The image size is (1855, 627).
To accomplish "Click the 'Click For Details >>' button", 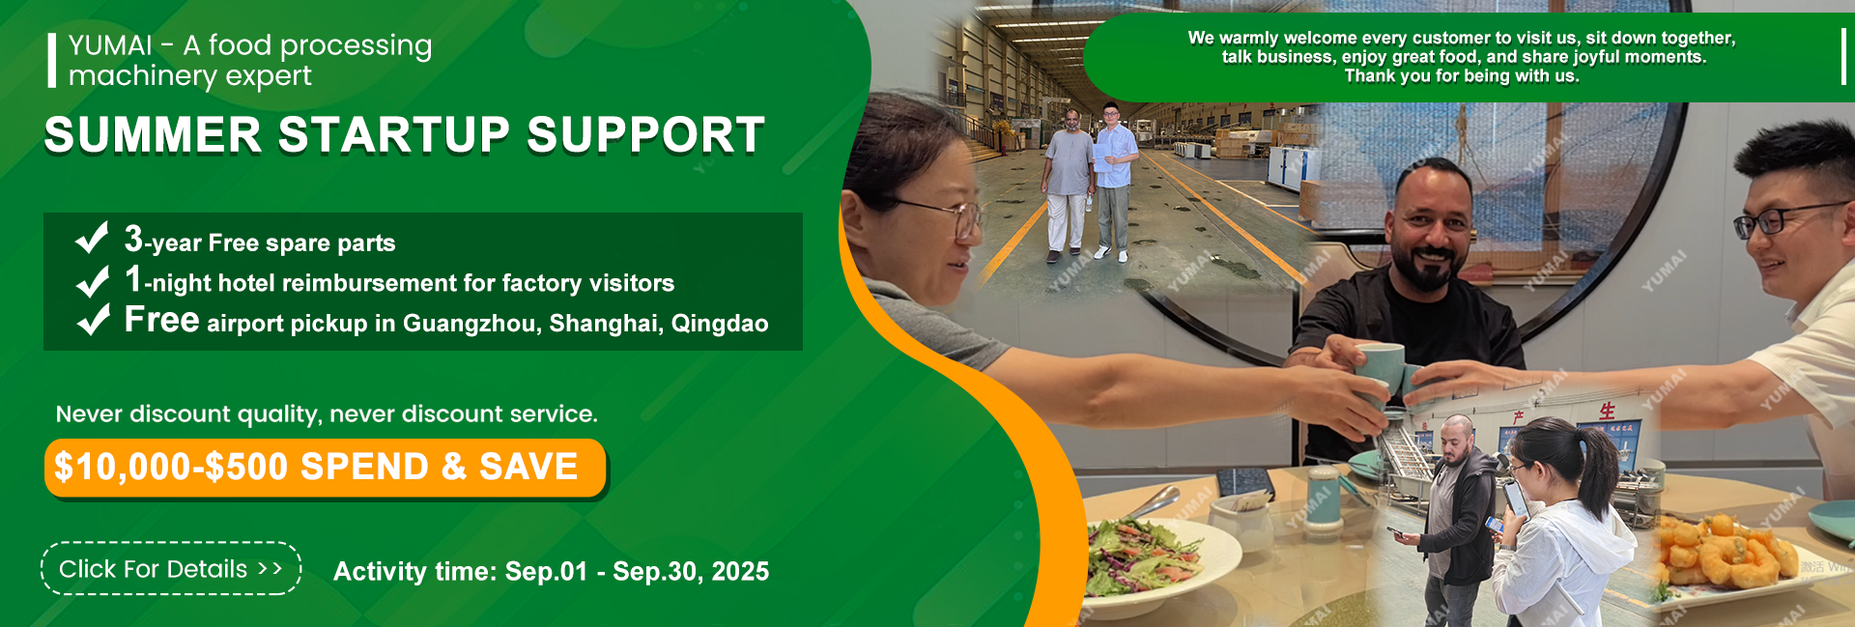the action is (x=171, y=569).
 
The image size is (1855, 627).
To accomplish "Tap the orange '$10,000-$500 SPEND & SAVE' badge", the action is (x=325, y=468).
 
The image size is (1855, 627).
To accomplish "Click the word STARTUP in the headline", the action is (x=394, y=135).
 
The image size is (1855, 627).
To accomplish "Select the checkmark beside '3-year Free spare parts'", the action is (x=92, y=237).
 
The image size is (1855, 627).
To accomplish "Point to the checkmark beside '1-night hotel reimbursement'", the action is (x=92, y=280).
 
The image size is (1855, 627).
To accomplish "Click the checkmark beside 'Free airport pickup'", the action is (x=93, y=319).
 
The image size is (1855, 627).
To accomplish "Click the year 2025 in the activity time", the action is (x=740, y=572).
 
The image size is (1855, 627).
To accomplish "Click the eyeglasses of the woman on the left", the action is (x=942, y=216).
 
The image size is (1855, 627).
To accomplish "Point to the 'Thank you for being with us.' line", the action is (x=1462, y=76).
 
